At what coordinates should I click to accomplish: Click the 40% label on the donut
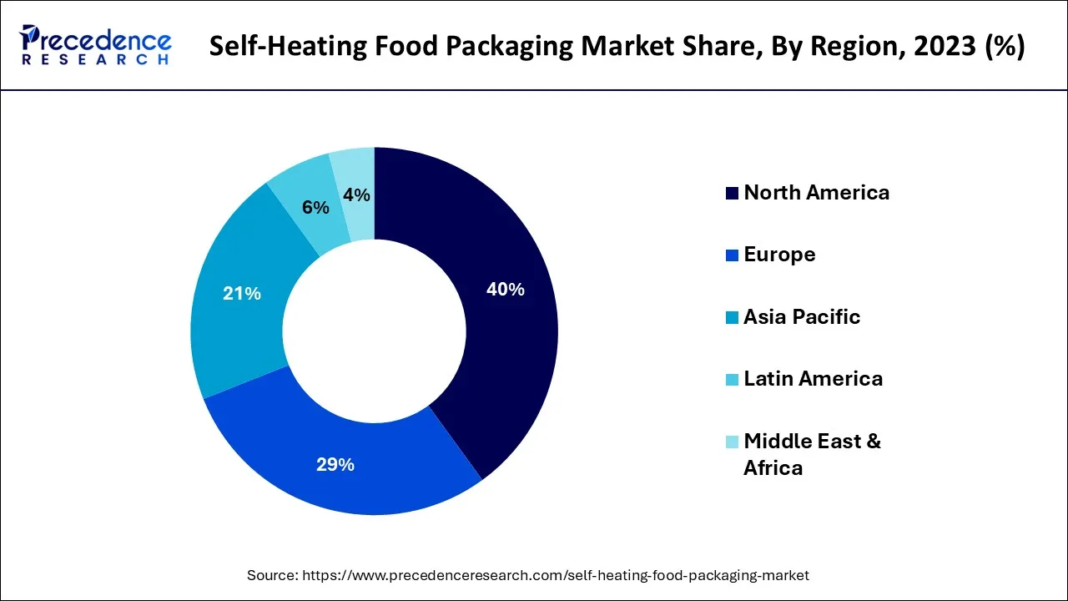coord(506,290)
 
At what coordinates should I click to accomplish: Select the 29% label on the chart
coord(335,465)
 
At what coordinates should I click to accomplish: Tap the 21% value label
coord(242,294)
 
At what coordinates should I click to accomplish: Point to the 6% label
coord(315,208)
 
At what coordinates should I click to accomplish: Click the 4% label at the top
coord(356,194)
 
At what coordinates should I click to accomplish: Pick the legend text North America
coord(816,193)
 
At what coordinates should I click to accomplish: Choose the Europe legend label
coord(779,255)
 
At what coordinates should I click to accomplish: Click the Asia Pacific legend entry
coord(801,317)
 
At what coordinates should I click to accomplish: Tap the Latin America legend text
coord(813,379)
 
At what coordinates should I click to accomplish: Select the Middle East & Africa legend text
coord(812,454)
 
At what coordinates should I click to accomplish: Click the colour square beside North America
coord(732,194)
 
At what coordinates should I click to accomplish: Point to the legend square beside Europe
coord(732,255)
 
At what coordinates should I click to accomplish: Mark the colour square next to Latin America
coord(732,380)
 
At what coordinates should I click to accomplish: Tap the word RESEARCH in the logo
coord(96,59)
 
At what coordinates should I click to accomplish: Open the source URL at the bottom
coord(556,575)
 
